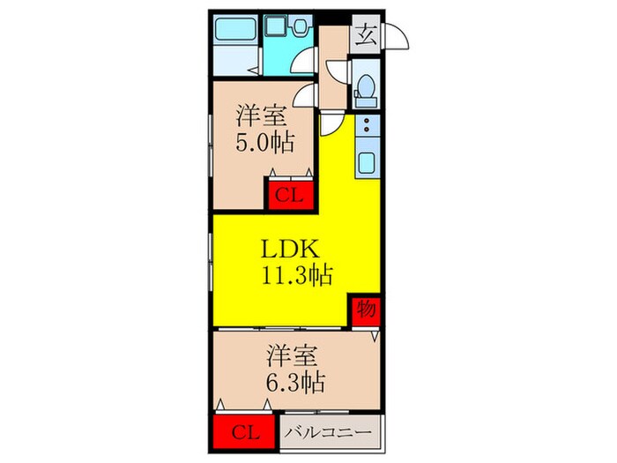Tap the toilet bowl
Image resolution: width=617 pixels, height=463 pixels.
[x=364, y=88]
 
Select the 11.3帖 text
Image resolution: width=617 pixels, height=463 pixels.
[x=294, y=276]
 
